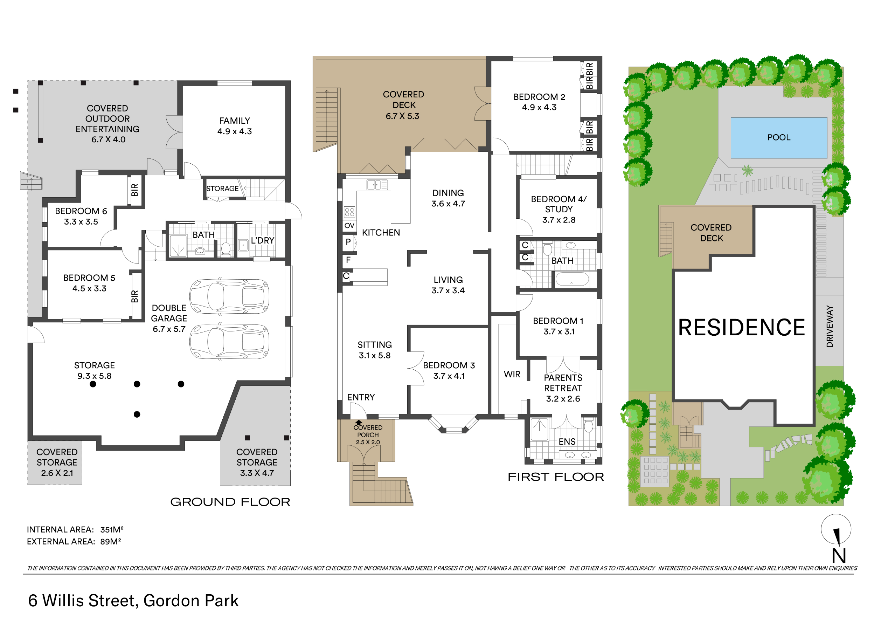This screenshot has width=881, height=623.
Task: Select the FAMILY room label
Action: [235, 121]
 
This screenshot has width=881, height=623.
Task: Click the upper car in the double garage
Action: [229, 296]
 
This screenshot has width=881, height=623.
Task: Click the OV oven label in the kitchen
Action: [349, 226]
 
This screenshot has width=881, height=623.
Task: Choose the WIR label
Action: [512, 374]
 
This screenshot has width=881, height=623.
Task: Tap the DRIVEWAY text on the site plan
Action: [830, 326]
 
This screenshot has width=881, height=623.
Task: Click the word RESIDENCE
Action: [741, 327]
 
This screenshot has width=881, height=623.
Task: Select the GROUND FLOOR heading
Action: [230, 502]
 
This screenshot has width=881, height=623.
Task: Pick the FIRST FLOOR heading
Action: [556, 477]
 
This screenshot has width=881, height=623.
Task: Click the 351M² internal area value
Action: [112, 530]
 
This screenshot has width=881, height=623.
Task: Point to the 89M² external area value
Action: [111, 542]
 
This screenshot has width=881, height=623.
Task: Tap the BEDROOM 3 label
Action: [449, 365]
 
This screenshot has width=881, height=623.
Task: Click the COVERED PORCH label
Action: [368, 431]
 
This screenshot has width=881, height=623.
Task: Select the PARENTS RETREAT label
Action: [563, 383]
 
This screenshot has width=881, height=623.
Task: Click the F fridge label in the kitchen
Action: [348, 260]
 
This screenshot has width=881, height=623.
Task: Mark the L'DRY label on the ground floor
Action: [263, 240]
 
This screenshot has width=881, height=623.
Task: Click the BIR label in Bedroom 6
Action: [135, 190]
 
